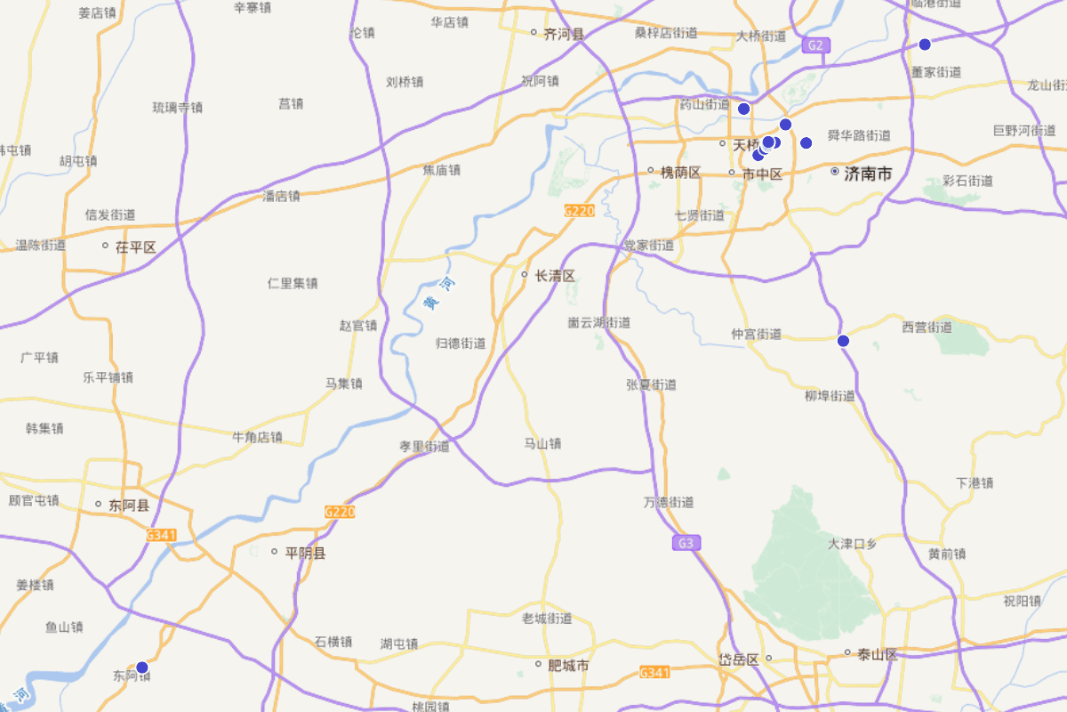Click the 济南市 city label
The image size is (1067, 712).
[867, 174]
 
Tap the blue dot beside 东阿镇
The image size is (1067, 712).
[141, 667]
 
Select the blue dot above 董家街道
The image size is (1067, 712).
[925, 44]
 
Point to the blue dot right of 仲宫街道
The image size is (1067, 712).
[843, 341]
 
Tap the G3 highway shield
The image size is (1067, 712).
[683, 542]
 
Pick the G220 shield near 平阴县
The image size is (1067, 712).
[340, 512]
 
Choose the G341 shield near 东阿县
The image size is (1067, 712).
[161, 535]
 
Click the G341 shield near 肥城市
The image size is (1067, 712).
[654, 673]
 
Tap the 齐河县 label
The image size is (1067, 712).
[564, 35]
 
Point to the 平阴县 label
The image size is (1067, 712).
[306, 553]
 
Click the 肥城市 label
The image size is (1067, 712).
[569, 665]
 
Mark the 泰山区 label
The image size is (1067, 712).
[877, 655]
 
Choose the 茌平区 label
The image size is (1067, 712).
[135, 247]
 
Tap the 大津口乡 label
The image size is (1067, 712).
[853, 544]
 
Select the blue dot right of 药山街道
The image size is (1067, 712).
[744, 109]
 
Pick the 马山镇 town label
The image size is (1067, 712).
[542, 443]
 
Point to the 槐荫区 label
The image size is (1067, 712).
[680, 172]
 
